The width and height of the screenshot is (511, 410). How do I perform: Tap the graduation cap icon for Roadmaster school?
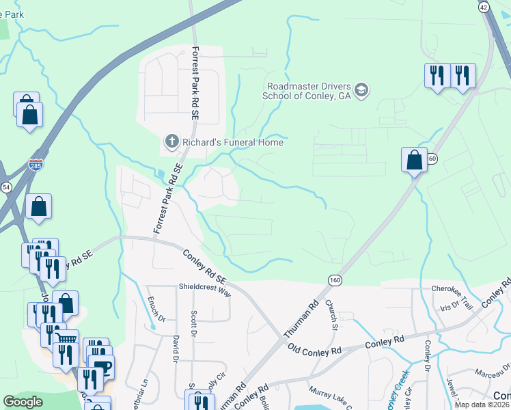pyautogui.click(x=362, y=90)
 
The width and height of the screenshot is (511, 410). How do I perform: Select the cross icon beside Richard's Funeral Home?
pyautogui.click(x=171, y=141)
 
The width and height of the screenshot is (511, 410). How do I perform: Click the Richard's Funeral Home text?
pyautogui.click(x=233, y=142)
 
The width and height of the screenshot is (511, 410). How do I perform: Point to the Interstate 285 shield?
pyautogui.click(x=36, y=165)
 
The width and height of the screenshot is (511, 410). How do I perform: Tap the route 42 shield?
pyautogui.click(x=484, y=6)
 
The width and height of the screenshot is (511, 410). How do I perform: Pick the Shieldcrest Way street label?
pyautogui.click(x=205, y=288)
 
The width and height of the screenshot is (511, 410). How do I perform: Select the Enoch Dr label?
pyautogui.click(x=151, y=309)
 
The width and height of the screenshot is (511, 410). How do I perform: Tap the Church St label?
pyautogui.click(x=332, y=314)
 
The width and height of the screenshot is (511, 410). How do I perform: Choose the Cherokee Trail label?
pyautogui.click(x=451, y=289)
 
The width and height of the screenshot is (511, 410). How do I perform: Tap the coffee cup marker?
pyautogui.click(x=102, y=366)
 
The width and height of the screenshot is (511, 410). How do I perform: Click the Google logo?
pyautogui.click(x=23, y=402)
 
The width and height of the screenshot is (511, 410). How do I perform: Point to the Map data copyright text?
pyautogui.click(x=482, y=405)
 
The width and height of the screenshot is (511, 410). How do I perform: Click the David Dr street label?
pyautogui.click(x=176, y=348)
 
